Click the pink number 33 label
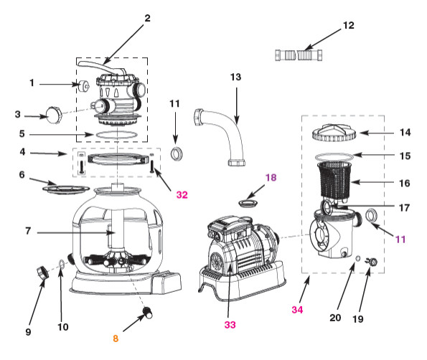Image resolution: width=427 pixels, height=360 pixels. [230, 325]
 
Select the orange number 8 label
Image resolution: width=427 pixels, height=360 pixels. [116, 338]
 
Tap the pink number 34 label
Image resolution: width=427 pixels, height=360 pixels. [297, 309]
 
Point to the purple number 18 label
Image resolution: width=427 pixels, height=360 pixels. [271, 177]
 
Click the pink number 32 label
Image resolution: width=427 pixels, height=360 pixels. [182, 195]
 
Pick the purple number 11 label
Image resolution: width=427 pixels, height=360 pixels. [400, 240]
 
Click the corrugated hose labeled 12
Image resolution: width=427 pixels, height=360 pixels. [299, 55]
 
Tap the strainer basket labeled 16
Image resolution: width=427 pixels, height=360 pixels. [335, 180]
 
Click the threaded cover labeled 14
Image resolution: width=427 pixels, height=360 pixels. [334, 133]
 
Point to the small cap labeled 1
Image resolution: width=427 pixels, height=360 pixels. [83, 86]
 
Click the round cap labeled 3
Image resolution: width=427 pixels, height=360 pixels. [54, 115]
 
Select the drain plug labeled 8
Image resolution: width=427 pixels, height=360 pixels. [148, 312]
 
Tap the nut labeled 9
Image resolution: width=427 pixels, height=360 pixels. [43, 273]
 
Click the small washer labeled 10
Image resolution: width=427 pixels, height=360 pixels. [62, 263]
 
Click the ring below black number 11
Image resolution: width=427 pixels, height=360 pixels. [177, 154]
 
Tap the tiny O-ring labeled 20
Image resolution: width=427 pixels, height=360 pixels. [358, 258]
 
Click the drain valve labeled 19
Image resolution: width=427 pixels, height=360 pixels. [372, 262]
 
